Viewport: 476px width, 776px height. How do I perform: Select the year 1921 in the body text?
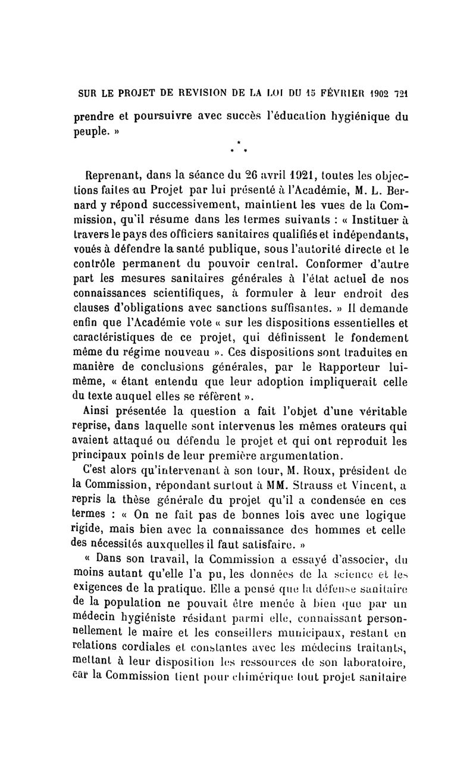pyautogui.click(x=281, y=176)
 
